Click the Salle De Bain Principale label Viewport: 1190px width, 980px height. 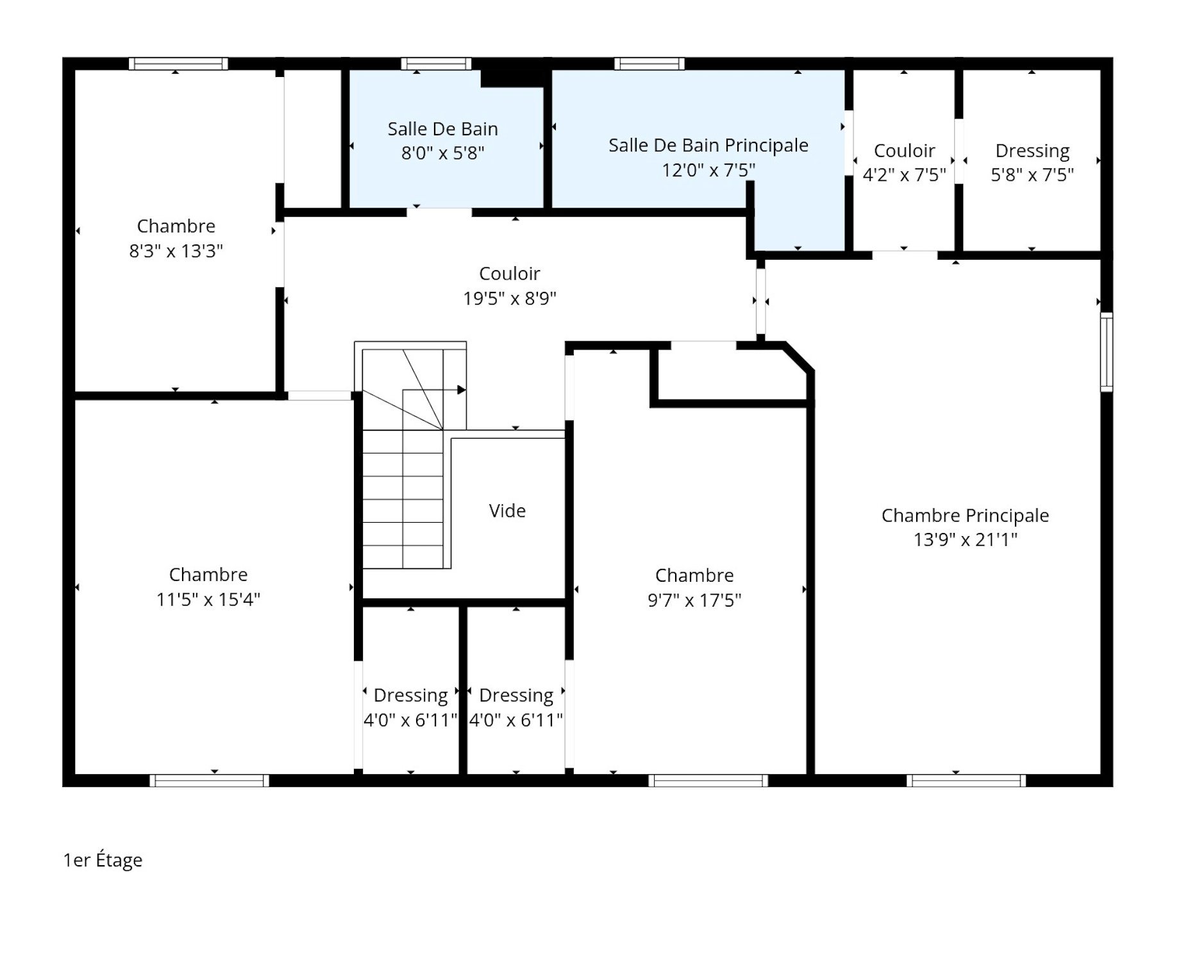point(708,146)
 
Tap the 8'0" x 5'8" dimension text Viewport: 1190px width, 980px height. point(442,153)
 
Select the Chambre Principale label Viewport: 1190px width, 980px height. point(964,515)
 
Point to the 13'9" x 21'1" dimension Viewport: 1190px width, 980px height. point(964,539)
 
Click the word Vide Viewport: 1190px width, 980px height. point(507,511)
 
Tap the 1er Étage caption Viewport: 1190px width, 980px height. point(103,860)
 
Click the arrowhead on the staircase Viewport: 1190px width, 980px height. point(461,390)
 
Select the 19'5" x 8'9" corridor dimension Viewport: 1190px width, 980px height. point(510,298)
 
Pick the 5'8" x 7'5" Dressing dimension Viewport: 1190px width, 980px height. point(1032,175)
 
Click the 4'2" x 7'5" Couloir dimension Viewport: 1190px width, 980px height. point(904,175)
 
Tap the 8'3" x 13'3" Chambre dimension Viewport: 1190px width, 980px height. point(176,251)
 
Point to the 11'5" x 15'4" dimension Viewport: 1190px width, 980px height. point(208,599)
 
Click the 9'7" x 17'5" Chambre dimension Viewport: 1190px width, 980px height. point(694,600)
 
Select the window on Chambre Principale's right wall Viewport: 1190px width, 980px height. point(1106,352)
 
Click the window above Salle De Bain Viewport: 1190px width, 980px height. point(436,63)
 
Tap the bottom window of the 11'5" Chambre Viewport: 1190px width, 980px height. point(210,781)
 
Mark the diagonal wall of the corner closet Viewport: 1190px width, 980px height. point(800,357)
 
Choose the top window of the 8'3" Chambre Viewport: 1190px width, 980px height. point(178,63)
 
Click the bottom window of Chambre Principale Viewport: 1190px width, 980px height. point(966,781)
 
